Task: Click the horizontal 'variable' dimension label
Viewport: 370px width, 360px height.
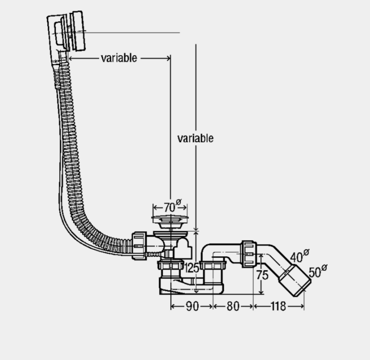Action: coord(119,58)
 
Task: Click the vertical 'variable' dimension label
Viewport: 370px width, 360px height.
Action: coord(195,138)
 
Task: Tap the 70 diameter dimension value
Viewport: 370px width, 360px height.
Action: coord(169,207)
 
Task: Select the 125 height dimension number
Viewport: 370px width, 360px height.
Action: coord(191,268)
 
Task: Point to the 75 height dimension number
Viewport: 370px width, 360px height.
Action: coord(262,275)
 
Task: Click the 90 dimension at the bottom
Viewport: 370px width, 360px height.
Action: coord(192,306)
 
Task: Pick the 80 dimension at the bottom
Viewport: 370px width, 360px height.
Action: coord(233,306)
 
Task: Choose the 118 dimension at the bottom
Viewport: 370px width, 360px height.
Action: coord(278,306)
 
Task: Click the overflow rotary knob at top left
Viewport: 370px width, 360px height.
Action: coord(78,31)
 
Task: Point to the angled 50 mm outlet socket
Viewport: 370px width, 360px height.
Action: coord(295,280)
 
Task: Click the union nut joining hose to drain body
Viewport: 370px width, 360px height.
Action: coord(139,246)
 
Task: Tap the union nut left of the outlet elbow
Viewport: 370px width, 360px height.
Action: coord(249,254)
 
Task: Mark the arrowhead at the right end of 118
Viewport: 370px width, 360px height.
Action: coord(302,306)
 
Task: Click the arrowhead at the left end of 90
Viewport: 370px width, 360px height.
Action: coord(173,307)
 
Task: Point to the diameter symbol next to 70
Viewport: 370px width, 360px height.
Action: coord(179,202)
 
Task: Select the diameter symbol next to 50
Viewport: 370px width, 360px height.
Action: coord(324,268)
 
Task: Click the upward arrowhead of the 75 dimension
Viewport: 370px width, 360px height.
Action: coord(261,256)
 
